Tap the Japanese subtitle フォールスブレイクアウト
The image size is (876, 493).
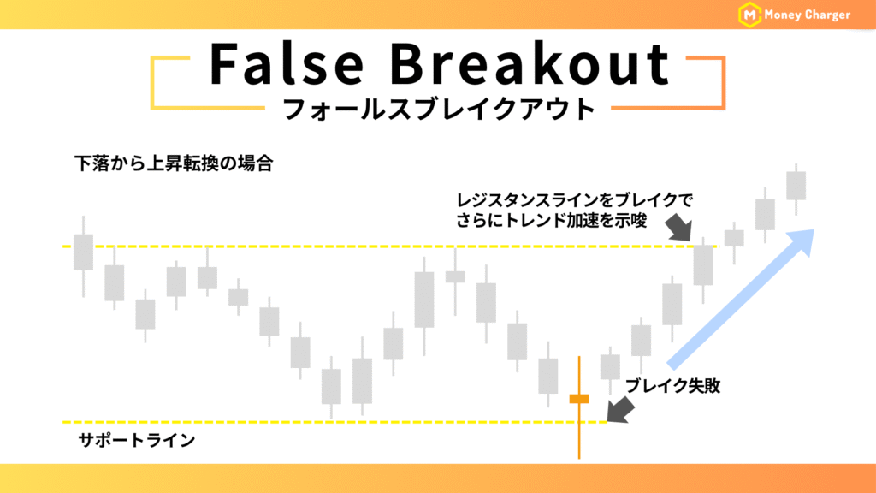click(439, 109)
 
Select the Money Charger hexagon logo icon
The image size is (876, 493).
click(749, 15)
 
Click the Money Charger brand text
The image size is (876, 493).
click(807, 15)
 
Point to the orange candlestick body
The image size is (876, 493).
click(579, 399)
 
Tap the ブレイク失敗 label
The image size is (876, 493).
click(672, 386)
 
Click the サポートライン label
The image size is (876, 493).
click(137, 441)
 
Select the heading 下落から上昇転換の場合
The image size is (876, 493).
click(174, 163)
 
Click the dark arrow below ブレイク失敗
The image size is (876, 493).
click(621, 410)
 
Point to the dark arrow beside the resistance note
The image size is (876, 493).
click(679, 227)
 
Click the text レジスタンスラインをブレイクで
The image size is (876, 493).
click(574, 200)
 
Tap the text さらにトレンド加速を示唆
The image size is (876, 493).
click(552, 220)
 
